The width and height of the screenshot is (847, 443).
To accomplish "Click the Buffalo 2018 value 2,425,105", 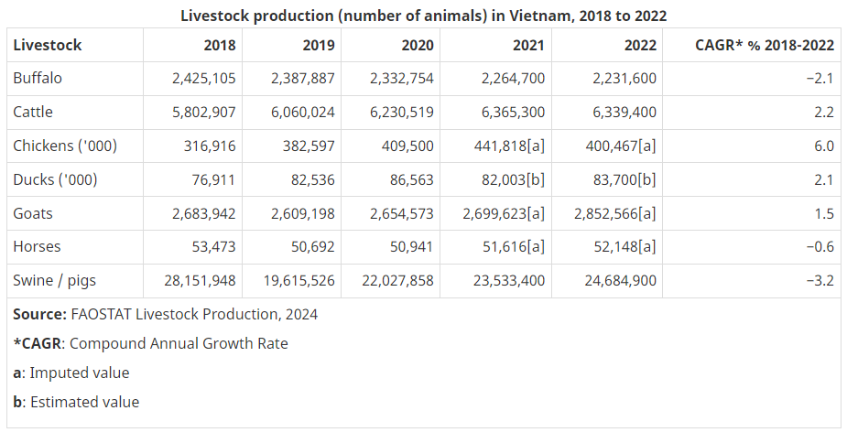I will (x=203, y=79).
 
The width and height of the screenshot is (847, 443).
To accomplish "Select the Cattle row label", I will (x=33, y=113).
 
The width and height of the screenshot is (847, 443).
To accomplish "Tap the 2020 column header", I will (x=418, y=45).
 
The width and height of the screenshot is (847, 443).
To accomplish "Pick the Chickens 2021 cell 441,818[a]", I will (x=506, y=146).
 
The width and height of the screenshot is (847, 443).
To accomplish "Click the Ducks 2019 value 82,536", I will (x=312, y=180).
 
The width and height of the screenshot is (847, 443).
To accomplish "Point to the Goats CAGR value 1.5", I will (x=823, y=214).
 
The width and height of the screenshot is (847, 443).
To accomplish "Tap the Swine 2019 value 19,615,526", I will (x=303, y=281).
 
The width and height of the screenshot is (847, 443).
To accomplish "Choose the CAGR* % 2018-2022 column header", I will (x=765, y=45).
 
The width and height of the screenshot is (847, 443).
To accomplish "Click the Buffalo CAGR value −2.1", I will (x=820, y=79).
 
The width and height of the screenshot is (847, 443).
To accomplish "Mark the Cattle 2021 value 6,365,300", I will (x=513, y=113).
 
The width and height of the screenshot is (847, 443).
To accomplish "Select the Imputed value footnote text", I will (x=80, y=373).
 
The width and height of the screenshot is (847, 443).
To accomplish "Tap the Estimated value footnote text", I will (x=84, y=403).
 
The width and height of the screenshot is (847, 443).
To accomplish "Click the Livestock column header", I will (x=48, y=45).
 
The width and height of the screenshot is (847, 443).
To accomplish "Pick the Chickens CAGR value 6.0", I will (x=823, y=146).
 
